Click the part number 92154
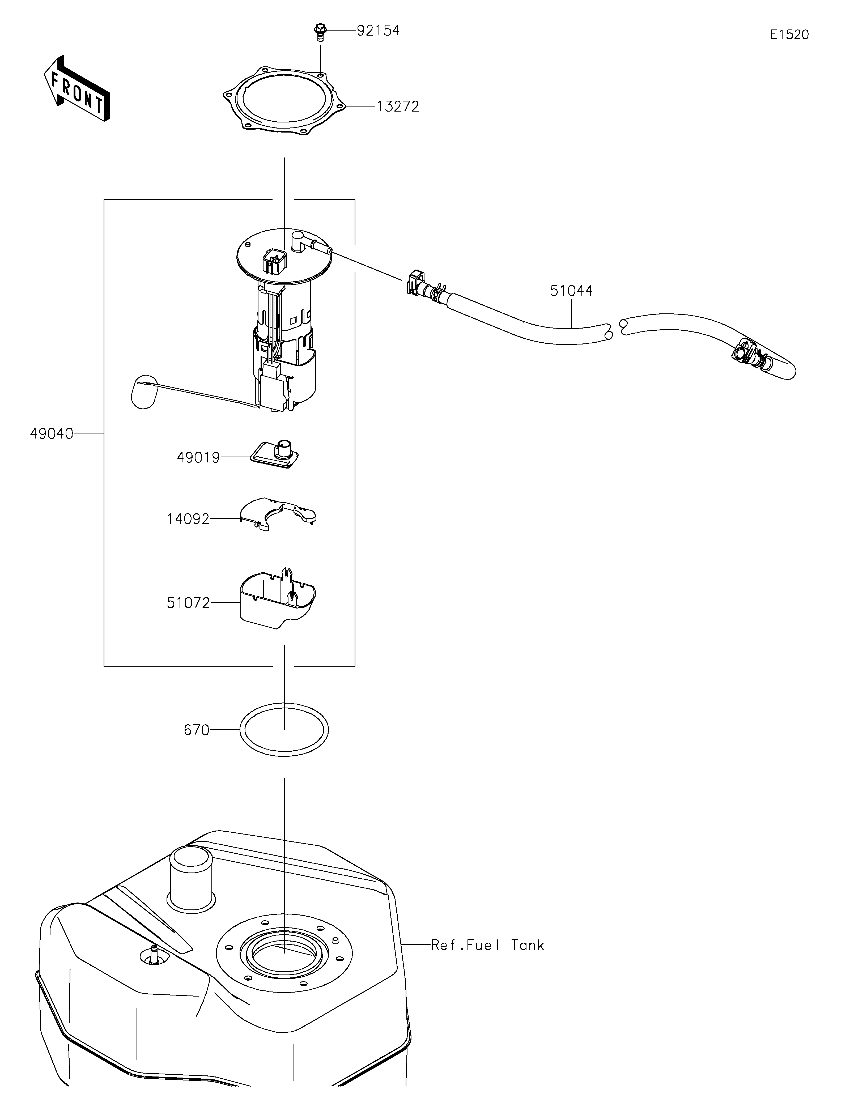tap(378, 31)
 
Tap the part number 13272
tap(398, 107)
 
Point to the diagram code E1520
tap(789, 35)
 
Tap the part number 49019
tap(198, 457)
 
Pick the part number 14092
tap(188, 519)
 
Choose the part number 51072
tap(188, 603)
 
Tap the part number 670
tap(197, 730)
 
